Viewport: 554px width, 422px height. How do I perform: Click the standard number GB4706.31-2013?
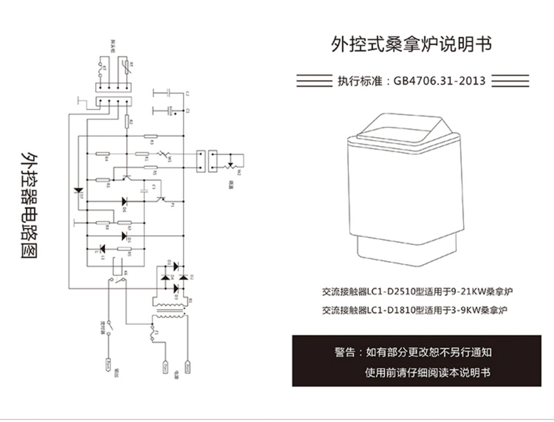pos(439,81)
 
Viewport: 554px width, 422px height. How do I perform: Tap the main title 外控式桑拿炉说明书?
pos(411,44)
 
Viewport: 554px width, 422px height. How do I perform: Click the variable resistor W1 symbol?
pos(164,154)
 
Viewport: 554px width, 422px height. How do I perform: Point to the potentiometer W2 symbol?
pos(231,166)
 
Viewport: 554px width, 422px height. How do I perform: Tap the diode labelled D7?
pos(79,190)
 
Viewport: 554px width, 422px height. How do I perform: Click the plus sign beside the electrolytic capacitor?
pos(175,114)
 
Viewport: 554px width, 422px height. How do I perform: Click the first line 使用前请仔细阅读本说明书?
pos(428,373)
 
